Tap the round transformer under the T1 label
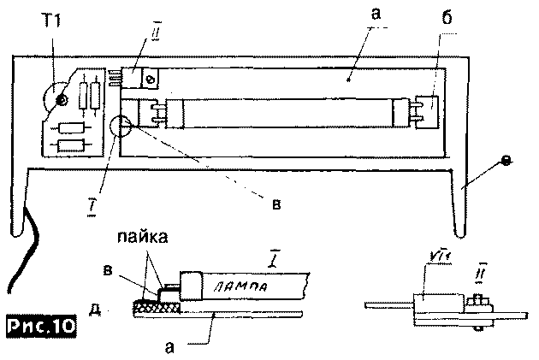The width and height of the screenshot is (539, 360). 62,100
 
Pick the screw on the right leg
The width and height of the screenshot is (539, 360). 504,160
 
